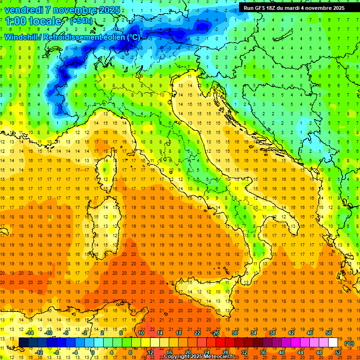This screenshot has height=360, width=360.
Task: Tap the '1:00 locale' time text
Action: [33, 21]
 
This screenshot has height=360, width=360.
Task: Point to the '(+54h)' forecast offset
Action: [81, 21]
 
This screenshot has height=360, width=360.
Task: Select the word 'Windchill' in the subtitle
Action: [22, 37]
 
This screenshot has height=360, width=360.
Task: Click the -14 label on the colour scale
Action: [30, 333]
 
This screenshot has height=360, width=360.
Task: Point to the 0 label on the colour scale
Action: [92, 352]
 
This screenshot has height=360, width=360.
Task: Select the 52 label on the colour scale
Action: [338, 352]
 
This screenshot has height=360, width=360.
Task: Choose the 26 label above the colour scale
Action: [216, 333]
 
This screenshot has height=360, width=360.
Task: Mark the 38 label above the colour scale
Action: [272, 333]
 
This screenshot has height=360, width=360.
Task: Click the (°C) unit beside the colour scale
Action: [349, 343]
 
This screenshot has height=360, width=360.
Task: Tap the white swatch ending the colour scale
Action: [333, 343]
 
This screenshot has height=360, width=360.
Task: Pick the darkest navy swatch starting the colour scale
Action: [23, 343]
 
